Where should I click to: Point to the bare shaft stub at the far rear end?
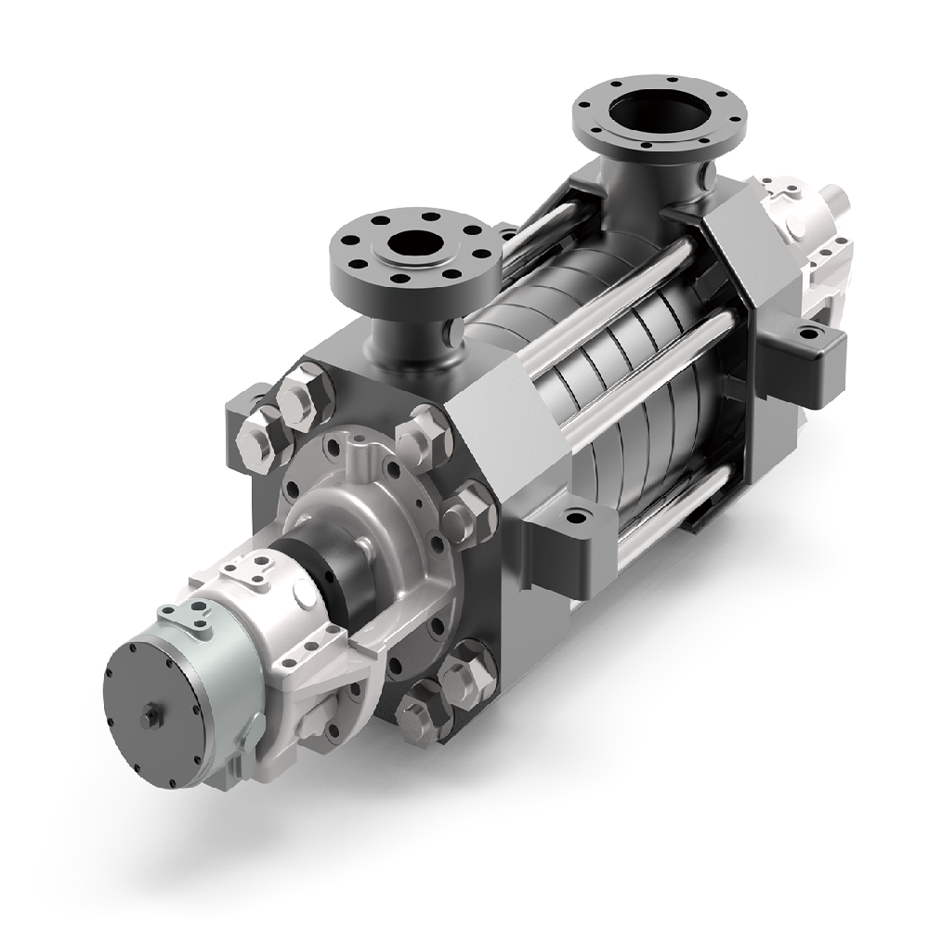(x=846, y=197)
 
